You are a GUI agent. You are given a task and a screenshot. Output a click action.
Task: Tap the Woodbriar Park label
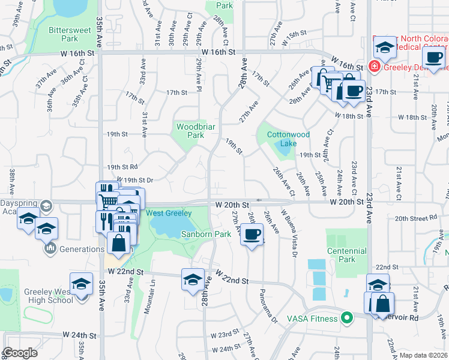point(191,131)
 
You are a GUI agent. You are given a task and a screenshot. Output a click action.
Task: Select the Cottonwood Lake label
point(289,139)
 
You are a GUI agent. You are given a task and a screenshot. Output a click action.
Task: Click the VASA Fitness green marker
point(346,318)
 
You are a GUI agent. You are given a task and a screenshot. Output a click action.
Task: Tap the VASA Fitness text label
point(313,318)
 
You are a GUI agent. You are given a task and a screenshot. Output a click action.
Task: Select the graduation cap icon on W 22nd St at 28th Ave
point(193,280)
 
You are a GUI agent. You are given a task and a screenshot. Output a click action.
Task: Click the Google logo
point(20,353)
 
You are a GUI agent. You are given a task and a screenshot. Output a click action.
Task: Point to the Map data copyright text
point(423,355)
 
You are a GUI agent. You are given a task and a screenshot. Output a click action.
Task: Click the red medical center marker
point(374,66)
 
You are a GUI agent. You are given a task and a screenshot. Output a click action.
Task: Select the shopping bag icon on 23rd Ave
point(382,304)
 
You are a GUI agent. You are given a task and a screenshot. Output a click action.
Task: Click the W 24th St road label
point(79,335)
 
